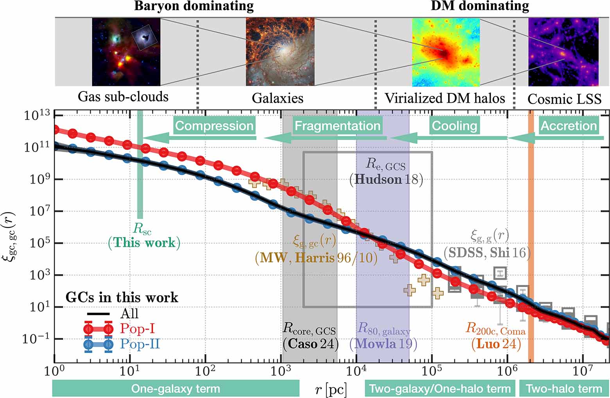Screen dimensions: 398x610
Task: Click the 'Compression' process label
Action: [214, 126]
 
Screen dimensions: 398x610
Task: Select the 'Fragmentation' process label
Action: [337, 126]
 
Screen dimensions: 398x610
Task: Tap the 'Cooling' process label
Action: [454, 126]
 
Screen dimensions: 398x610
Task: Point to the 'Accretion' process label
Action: [569, 126]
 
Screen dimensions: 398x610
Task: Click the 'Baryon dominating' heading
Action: [194, 6]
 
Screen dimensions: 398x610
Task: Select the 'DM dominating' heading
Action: [480, 6]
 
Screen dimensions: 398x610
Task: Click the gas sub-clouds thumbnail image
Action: [126, 52]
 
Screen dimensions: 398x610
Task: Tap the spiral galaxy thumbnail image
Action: [280, 52]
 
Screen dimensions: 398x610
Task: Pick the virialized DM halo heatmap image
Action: [446, 52]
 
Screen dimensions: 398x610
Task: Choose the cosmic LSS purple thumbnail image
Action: [563, 52]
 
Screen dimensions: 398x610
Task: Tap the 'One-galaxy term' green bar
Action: [176, 389]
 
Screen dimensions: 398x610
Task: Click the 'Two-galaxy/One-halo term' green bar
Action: [440, 389]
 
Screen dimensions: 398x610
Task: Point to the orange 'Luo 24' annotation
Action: [496, 344]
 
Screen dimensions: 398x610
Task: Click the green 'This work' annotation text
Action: [144, 243]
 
